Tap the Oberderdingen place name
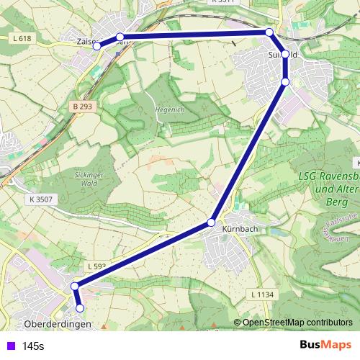(x=58, y=324)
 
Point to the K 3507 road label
(x=42, y=198)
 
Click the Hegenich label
(x=171, y=109)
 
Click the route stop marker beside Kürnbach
(x=211, y=222)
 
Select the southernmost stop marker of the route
(x=80, y=308)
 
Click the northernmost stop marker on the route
(x=269, y=32)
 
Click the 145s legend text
(x=33, y=346)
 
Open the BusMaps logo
(x=325, y=346)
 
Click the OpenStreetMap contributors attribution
(x=297, y=323)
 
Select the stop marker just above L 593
(x=74, y=286)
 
